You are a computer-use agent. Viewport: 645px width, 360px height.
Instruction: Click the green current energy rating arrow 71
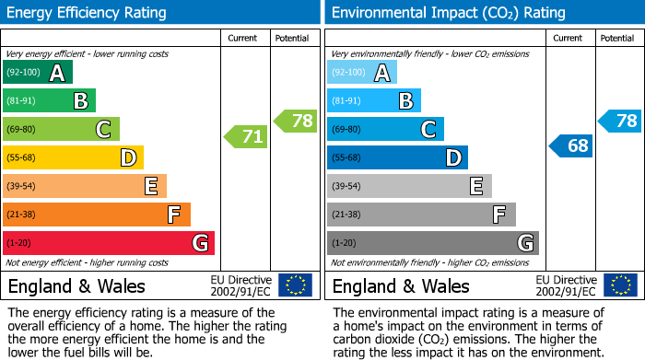246,137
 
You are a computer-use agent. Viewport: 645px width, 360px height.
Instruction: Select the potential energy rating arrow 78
296,121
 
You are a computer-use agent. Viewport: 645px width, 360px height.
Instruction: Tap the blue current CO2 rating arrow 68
571,145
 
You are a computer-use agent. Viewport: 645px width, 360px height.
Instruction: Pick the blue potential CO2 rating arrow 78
620,121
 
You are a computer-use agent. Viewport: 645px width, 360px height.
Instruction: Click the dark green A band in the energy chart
38,73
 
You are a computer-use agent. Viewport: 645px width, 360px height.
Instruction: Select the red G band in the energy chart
109,243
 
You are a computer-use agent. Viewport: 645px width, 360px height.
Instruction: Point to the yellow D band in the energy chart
73,158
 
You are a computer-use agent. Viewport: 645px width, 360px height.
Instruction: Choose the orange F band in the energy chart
97,215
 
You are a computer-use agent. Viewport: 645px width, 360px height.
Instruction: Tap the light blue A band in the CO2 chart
362,73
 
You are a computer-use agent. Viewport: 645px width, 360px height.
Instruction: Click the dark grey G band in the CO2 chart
432,243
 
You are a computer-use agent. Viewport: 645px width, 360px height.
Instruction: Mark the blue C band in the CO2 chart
385,130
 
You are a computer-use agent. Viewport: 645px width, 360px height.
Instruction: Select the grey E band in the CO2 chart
409,187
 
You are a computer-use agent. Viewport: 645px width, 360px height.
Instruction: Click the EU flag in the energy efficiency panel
295,285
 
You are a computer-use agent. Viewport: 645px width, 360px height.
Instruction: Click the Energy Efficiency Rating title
88,13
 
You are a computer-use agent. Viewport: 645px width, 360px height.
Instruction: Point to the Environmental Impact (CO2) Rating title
448,13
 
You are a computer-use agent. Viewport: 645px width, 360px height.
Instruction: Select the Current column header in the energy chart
244,38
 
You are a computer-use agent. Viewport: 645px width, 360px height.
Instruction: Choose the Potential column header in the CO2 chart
617,38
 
